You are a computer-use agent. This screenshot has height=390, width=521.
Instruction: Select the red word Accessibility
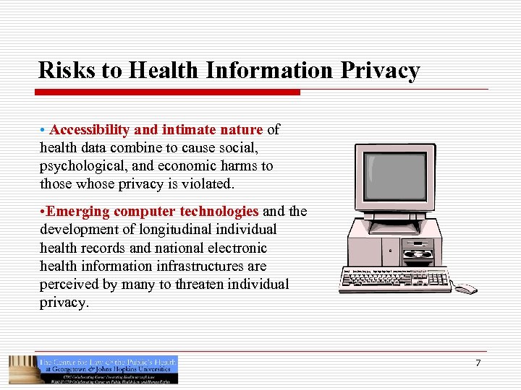(90, 130)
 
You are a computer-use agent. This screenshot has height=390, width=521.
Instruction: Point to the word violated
(206, 184)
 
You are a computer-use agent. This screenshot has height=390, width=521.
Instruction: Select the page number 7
(478, 363)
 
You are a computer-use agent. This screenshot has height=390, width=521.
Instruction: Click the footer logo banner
(93, 369)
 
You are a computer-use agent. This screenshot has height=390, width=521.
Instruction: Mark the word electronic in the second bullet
(232, 248)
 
